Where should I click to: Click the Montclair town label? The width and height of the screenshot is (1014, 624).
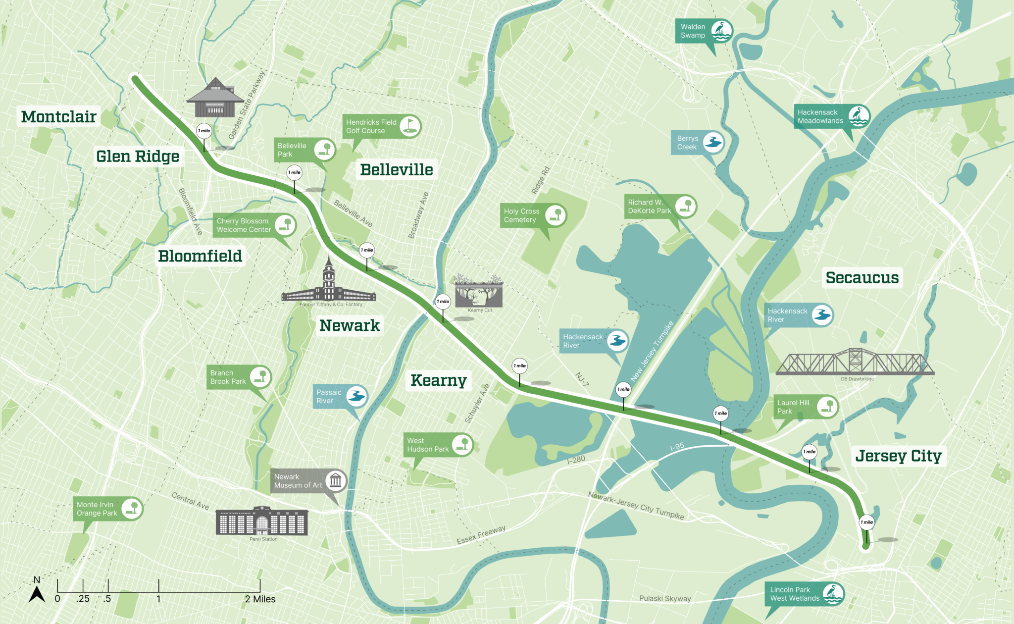(58, 116)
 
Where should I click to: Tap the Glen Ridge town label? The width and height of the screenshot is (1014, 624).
(138, 156)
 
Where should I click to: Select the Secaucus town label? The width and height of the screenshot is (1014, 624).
(862, 277)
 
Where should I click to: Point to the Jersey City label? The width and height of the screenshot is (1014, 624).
(898, 456)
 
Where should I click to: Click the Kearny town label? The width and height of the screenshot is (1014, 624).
(438, 380)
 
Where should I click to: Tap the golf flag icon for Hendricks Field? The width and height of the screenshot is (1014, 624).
(409, 126)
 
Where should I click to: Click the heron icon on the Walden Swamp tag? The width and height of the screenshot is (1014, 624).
(721, 31)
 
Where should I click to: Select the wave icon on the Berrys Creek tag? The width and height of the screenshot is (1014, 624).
(713, 143)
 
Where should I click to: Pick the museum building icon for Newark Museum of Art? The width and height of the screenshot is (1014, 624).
(336, 480)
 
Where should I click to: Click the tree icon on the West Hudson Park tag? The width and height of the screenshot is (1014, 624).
(462, 444)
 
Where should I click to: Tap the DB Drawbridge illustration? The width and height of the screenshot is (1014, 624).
(855, 363)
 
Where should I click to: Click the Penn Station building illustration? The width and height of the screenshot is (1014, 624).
(261, 521)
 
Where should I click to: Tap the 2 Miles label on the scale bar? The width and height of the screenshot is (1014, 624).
(260, 599)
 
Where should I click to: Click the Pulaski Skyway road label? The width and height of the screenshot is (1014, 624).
(664, 598)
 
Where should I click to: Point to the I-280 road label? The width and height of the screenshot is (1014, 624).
(576, 460)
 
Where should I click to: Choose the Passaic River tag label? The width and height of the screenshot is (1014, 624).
(329, 397)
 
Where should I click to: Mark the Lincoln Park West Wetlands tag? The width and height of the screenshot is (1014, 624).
(794, 594)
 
